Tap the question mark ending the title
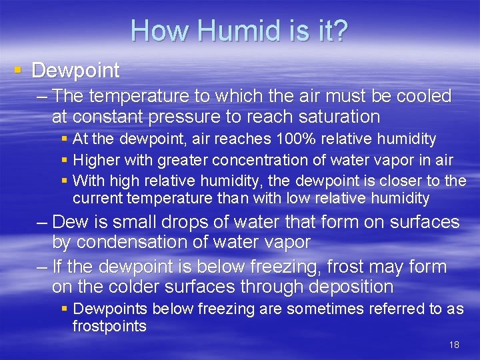click(x=339, y=31)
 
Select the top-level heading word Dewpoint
click(x=75, y=70)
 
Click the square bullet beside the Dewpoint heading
click(x=18, y=70)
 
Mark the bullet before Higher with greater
click(x=64, y=161)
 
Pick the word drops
click(x=190, y=222)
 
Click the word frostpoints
click(x=109, y=326)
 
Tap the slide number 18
click(x=454, y=345)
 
